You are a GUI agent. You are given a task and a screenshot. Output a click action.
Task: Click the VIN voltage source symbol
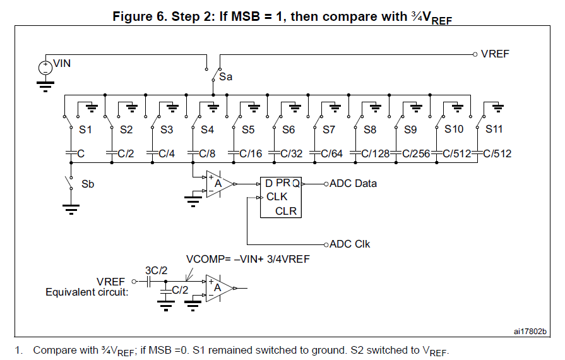pyautogui.click(x=45, y=66)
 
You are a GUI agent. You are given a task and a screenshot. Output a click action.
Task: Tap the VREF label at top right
pyautogui.click(x=495, y=54)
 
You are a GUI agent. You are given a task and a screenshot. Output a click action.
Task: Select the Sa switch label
pyautogui.click(x=226, y=78)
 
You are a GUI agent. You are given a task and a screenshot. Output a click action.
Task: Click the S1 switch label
pyautogui.click(x=86, y=130)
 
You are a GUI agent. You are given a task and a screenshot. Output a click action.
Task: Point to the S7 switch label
pyautogui.click(x=329, y=130)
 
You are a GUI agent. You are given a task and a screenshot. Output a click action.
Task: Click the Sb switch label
pyautogui.click(x=88, y=185)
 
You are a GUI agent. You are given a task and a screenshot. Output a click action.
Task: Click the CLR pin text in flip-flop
pyautogui.click(x=286, y=211)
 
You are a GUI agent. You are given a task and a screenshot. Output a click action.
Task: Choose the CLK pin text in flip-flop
pyautogui.click(x=277, y=197)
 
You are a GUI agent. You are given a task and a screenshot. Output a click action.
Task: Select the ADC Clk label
pyautogui.click(x=350, y=244)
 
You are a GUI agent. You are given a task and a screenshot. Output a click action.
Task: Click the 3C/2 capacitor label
pyautogui.click(x=155, y=270)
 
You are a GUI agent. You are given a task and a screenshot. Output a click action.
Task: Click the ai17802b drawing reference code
pyautogui.click(x=530, y=331)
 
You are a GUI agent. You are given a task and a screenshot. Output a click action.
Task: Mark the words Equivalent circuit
pyautogui.click(x=87, y=292)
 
